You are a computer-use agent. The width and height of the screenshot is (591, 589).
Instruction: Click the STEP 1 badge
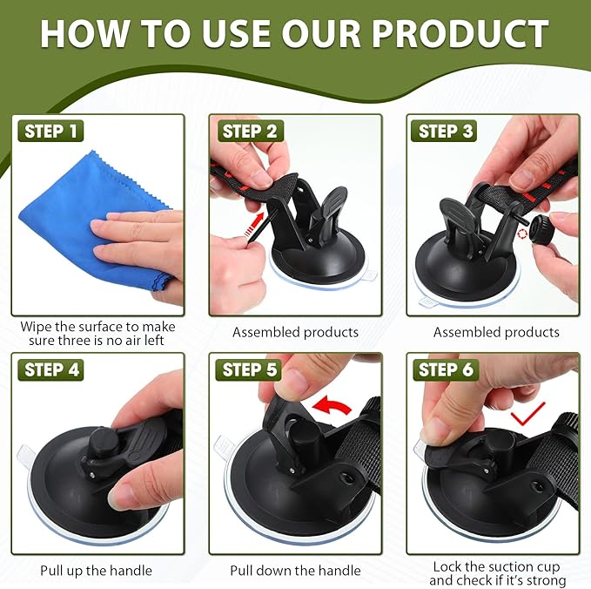[x=50, y=132]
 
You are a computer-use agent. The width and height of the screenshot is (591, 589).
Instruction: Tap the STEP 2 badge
[x=250, y=132]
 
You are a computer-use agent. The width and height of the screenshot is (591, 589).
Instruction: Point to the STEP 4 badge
[x=50, y=369]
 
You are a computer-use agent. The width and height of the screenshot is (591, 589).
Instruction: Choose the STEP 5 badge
[x=249, y=369]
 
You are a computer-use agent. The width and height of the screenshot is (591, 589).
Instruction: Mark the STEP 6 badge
[x=446, y=369]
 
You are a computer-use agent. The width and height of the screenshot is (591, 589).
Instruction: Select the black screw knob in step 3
[x=541, y=228]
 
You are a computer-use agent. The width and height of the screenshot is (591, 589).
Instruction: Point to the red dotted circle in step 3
[x=523, y=234]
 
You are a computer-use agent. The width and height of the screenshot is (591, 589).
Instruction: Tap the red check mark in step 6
[x=527, y=414]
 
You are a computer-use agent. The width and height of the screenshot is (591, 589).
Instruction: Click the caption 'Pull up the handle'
[x=96, y=571]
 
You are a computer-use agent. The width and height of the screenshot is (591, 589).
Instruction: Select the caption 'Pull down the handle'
[x=296, y=571]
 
